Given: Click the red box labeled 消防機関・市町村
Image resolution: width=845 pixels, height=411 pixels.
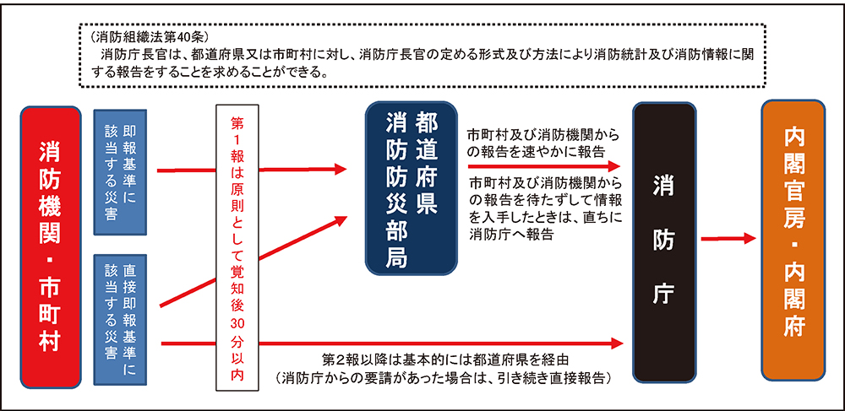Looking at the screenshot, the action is coord(51,247).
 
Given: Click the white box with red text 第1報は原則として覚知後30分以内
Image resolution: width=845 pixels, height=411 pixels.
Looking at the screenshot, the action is coord(237,247).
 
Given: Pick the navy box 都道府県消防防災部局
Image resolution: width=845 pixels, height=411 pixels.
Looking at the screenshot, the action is coord(411,188).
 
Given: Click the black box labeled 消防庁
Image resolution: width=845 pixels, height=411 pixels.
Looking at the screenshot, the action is coord(664,242).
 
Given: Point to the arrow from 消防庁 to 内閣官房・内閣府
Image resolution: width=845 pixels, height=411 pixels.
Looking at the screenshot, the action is coord(728,238).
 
